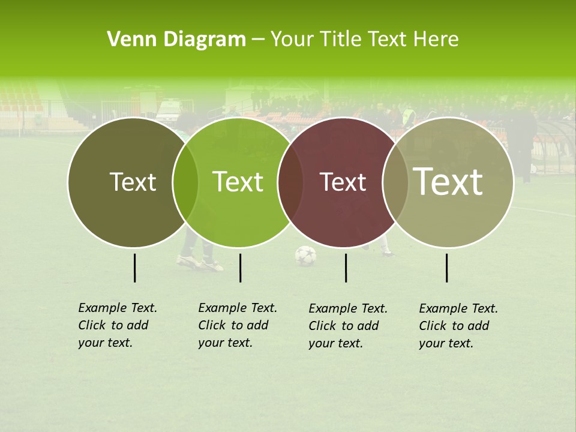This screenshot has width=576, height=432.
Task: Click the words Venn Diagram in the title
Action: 176,40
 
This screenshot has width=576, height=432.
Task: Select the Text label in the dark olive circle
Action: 133,182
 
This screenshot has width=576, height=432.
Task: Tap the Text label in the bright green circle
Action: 238,182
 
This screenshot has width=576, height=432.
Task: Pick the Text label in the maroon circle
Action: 343,182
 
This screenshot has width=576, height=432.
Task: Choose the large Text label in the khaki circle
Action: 448,182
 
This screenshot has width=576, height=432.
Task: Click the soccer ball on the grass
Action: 305,256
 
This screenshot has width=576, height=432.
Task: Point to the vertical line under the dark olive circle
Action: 135,268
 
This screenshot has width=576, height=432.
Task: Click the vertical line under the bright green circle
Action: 240,268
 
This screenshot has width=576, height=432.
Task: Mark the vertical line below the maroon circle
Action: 346,268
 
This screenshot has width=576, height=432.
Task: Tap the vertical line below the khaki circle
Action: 447,268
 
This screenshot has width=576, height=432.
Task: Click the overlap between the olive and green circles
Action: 185,182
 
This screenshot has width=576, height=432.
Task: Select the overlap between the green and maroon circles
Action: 290,182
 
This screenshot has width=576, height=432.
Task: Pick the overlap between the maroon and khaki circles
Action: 395,182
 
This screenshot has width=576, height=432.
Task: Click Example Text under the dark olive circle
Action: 118,308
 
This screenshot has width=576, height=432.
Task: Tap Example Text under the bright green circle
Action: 238,308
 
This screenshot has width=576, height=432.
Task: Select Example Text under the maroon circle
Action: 348,308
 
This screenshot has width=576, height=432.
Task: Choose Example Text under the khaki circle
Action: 458,308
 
